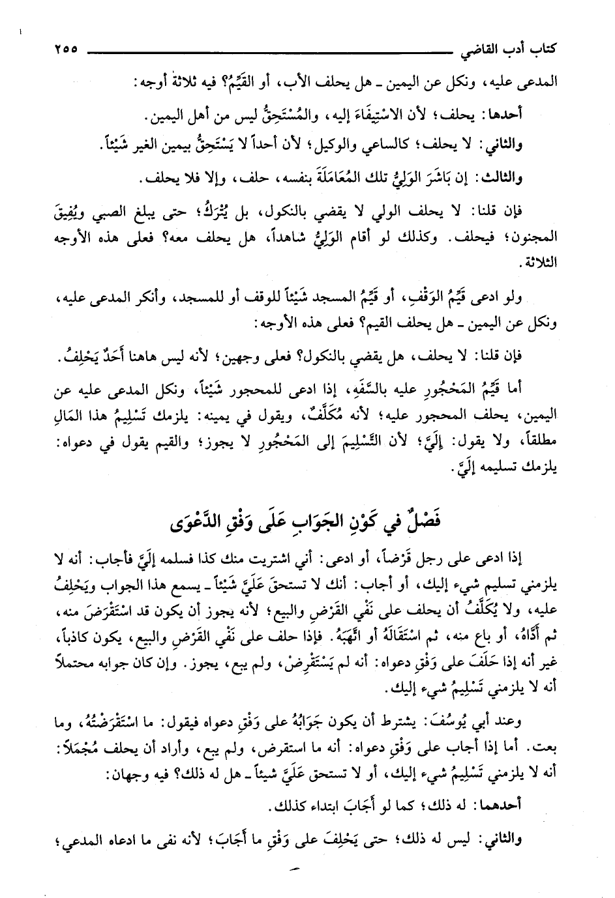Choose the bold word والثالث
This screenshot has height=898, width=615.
point(533,177)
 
